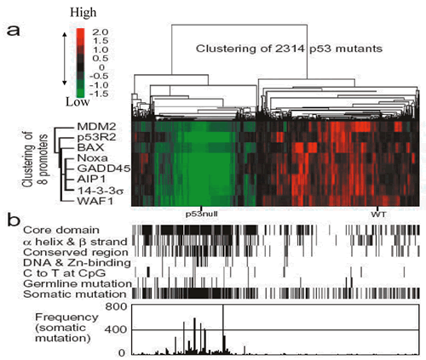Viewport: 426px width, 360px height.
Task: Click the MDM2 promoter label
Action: [x=96, y=127]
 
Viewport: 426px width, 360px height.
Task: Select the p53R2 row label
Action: [x=96, y=137]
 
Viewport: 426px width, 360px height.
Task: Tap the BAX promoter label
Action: [x=90, y=147]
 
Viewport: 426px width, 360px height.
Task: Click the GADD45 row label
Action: [x=104, y=169]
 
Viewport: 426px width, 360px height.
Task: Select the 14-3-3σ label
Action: [x=100, y=191]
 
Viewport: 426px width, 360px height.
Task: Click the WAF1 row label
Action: [x=95, y=201]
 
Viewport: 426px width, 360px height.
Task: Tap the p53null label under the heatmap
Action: [x=202, y=214]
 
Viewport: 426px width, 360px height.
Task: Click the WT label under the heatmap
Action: [x=378, y=214]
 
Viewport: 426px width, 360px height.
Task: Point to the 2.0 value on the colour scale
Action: [x=101, y=32]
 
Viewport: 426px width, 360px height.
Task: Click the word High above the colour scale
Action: [x=83, y=13]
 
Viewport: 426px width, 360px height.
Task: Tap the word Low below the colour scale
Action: [x=78, y=102]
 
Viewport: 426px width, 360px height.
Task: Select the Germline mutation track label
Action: [x=78, y=283]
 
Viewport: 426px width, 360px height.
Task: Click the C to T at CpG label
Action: [x=65, y=273]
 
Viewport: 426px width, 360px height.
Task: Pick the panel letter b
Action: [x=14, y=220]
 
